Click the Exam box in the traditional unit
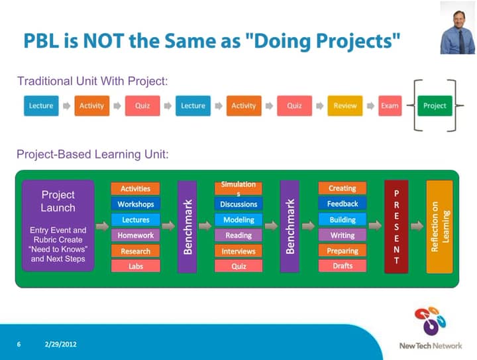pos(390,106)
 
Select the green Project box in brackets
pos(434,106)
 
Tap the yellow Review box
pos(344,106)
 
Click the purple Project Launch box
pos(58,225)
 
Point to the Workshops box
pos(135,204)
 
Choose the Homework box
pos(135,235)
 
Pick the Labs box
pos(135,266)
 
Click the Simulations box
pos(238,188)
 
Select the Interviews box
pos(238,251)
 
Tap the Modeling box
pos(238,219)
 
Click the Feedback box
pos(343,204)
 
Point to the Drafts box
pos(343,266)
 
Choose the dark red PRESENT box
pos(396,226)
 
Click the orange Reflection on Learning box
pos(439,226)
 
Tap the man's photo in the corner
pos(457,28)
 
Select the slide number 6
pos(19,345)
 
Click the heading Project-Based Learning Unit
pos(93,154)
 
